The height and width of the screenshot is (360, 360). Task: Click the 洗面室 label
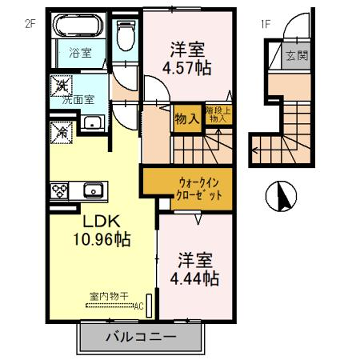(77, 100)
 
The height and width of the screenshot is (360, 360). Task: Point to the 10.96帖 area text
(98, 241)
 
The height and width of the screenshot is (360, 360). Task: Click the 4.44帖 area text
(197, 280)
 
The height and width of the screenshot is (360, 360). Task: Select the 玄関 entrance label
(296, 56)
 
